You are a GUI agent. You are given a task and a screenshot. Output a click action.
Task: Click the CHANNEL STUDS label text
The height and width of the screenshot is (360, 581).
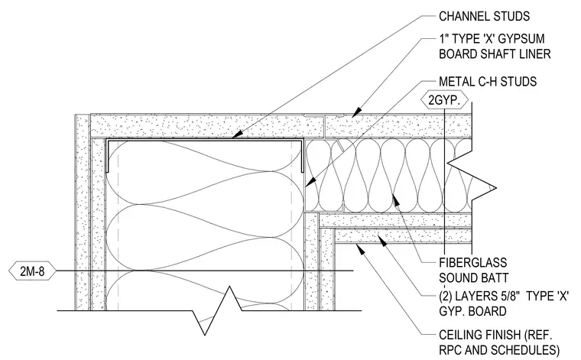coord(484,16)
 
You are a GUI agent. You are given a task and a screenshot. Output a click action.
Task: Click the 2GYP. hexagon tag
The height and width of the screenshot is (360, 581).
coord(444,100)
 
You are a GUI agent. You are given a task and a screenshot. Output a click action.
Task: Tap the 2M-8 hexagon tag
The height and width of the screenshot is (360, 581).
coord(32,271)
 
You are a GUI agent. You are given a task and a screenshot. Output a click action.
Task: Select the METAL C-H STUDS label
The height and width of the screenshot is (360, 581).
coord(488,82)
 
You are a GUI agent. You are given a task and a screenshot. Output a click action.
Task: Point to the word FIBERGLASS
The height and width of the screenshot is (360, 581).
coord(472,263)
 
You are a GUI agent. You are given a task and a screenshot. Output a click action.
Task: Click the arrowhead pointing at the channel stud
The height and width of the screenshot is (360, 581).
coord(237,135)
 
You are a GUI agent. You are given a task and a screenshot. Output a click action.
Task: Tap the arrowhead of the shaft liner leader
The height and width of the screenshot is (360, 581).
coord(355,112)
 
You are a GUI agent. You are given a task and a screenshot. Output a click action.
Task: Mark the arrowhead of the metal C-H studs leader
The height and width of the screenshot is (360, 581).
coord(310,182)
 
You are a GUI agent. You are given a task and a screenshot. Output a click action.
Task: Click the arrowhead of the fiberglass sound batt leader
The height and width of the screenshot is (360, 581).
coord(396,199)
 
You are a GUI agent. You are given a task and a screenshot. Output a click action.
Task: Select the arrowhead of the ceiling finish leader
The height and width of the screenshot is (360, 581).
coord(361,249)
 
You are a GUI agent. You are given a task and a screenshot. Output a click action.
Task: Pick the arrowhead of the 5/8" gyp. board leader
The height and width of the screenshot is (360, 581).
coord(381,241)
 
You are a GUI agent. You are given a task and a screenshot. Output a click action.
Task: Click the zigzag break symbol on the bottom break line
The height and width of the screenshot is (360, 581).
coord(218,310)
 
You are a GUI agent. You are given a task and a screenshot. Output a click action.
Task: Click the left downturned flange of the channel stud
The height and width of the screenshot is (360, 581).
coord(107,156)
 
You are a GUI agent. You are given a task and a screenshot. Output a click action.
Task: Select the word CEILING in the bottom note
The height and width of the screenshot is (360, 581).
coord(461,336)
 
